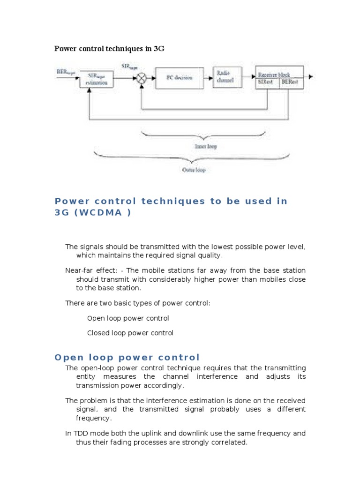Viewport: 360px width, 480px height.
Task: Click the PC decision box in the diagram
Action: point(180,77)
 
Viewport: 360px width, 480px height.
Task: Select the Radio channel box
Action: point(228,77)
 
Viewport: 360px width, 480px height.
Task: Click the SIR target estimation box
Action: point(96,79)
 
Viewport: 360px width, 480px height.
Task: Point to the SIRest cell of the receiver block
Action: point(267,82)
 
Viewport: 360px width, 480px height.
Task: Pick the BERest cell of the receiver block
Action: point(291,82)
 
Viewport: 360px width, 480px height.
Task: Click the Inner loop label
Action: point(206,146)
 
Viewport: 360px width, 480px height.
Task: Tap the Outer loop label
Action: point(194,170)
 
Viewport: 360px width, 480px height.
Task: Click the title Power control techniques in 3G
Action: point(110,48)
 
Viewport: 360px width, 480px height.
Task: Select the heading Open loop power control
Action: point(127,357)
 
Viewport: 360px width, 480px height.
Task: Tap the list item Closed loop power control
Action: point(130,333)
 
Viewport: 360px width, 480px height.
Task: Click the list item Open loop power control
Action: point(128,318)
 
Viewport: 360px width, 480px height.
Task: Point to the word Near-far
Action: point(80,270)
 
